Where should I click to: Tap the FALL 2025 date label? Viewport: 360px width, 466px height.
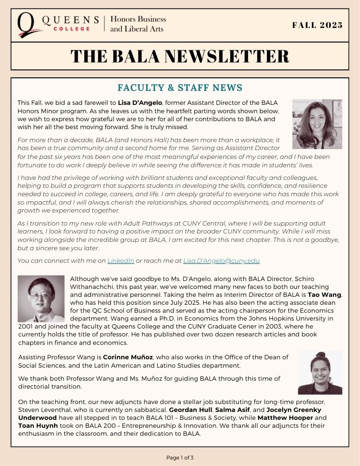pos(317,25)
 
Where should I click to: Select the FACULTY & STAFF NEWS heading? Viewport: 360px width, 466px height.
pos(180,88)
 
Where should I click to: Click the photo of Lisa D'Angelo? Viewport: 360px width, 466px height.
pos(317,124)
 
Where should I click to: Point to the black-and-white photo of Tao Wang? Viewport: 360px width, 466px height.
pos(41,299)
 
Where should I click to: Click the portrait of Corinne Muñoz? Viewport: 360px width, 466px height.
pos(320,372)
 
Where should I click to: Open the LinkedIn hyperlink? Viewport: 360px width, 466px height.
pos(121,260)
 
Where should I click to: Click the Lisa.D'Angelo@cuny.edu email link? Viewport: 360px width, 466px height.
pos(221,260)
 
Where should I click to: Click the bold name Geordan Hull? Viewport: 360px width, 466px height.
pos(187,410)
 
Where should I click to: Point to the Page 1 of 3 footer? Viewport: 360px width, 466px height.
pos(180,458)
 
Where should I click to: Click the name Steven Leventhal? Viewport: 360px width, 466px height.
pos(41,410)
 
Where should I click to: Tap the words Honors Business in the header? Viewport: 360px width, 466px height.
pos(138,20)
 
